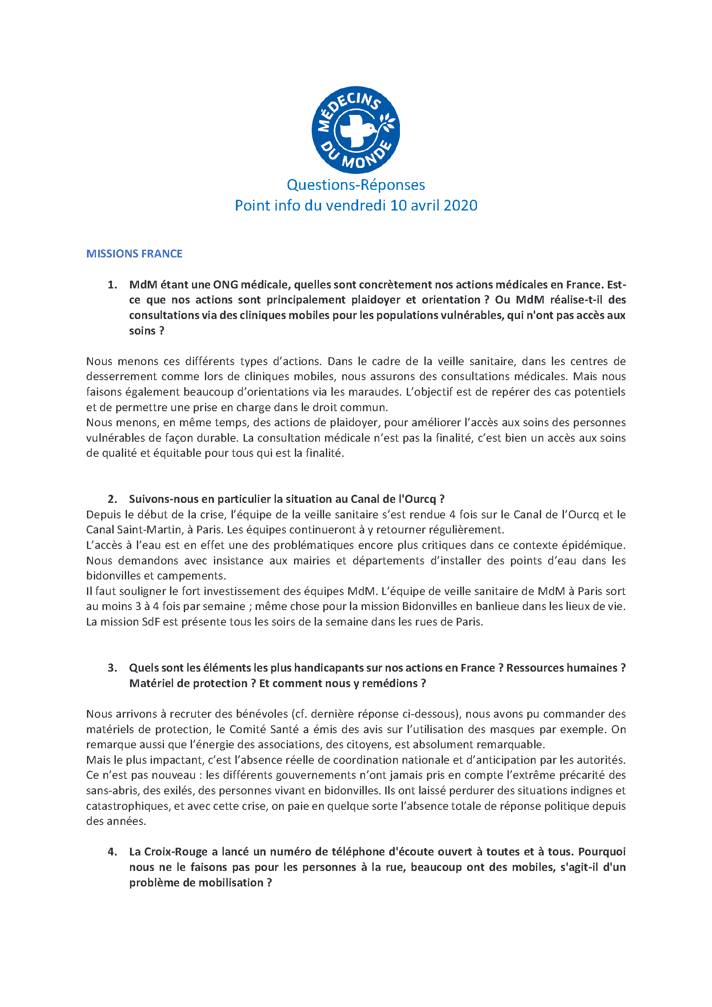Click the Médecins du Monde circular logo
(356, 130)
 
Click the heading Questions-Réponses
(356, 185)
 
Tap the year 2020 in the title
(460, 205)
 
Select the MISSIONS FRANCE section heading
(134, 254)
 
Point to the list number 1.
(112, 285)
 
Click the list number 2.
(112, 499)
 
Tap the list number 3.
(112, 668)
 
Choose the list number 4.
(112, 851)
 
